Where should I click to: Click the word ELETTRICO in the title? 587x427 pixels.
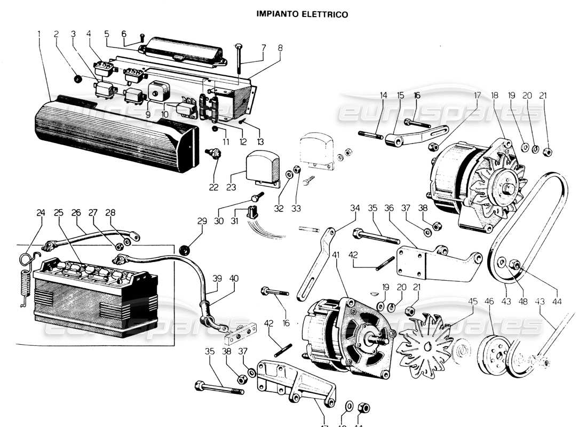pos(325,14)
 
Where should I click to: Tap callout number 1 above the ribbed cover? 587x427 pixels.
pos(39,34)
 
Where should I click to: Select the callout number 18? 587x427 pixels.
pos(494,96)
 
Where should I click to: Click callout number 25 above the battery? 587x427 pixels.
pos(58,212)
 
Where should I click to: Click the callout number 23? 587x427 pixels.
pos(231,187)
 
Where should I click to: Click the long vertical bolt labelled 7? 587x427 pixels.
pos(239,59)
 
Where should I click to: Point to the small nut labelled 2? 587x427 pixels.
pos(77,80)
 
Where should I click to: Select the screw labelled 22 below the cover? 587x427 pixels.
pos(215,155)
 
